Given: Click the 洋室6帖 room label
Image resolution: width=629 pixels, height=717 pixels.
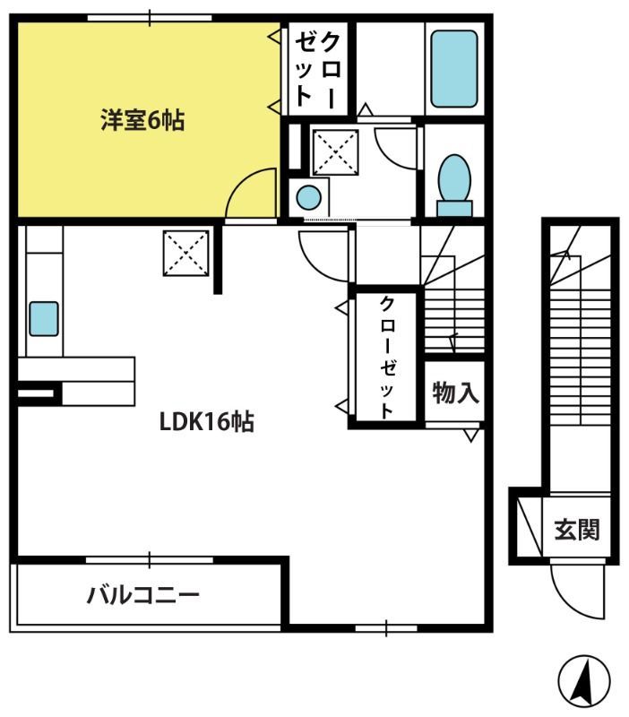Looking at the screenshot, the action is coord(142,121).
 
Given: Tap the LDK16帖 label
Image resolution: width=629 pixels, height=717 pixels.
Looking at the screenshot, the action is coord(207,421).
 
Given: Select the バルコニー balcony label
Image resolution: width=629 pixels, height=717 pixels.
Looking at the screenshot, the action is coord(143,595).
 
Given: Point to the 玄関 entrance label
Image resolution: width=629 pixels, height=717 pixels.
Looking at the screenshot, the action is coord(576,530).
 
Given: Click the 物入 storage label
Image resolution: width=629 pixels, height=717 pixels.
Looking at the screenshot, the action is coord(455,393).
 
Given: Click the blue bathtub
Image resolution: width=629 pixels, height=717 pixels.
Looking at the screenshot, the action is coord(454,69).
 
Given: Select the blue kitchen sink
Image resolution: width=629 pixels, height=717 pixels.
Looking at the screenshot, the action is coord(44,319).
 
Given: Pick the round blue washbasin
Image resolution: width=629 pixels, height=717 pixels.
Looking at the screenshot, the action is coord(309,197).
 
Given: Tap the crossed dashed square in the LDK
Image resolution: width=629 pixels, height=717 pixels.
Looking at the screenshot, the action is coord(186,254).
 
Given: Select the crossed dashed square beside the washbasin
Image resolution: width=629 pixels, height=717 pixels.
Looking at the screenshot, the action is coord(335,152).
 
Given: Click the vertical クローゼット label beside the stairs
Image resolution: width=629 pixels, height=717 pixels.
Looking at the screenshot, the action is coord(387,358).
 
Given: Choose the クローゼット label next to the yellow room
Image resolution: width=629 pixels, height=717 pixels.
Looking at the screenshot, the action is coord(318,70).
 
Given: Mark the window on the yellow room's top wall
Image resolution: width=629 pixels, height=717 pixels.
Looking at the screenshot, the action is coord(150,18).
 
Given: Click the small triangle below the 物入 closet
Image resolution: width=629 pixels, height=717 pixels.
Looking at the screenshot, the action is coord(470,436).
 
